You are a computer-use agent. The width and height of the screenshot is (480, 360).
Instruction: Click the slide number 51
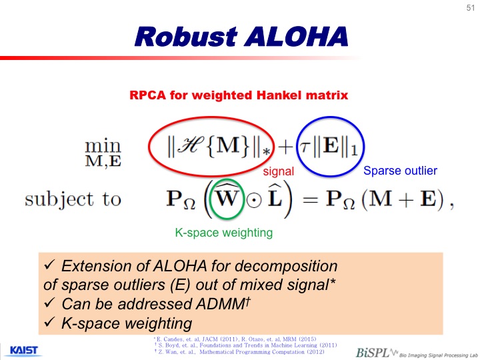471,7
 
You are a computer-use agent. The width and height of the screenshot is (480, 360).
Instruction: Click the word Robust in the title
186,37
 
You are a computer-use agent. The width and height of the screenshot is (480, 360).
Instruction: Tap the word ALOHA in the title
296,37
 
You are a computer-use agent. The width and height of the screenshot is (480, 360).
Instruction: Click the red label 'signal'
278,171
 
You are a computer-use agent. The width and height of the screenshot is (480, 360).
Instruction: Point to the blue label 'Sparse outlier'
400,171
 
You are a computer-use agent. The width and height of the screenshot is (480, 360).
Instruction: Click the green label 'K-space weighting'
224,233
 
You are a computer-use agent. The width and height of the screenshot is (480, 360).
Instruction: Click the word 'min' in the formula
103,146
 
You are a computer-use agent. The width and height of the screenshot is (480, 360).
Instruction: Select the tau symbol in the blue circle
305,147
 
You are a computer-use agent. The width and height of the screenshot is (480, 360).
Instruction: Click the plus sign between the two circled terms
285,147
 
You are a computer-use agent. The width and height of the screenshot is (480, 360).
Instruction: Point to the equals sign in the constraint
310,199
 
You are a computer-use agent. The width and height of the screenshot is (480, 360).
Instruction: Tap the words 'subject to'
73,199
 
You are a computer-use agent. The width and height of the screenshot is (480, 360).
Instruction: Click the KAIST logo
23,351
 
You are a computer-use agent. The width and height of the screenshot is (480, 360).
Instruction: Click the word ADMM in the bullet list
221,304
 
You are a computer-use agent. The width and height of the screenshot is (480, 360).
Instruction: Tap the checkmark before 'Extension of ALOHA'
49,265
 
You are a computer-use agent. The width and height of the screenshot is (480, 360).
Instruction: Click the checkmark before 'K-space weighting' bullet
49,322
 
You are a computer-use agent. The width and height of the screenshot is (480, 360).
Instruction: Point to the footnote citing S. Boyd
245,345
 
